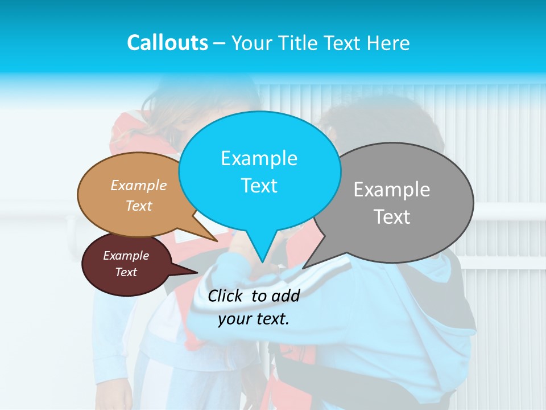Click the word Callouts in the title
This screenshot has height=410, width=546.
167,43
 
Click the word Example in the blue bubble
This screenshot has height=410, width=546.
259,158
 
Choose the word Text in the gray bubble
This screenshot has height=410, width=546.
392,217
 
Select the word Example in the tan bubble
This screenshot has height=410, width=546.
138,186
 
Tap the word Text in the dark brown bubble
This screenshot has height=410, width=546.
126,272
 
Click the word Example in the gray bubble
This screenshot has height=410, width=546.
392,190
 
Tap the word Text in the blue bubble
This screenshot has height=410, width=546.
259,186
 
